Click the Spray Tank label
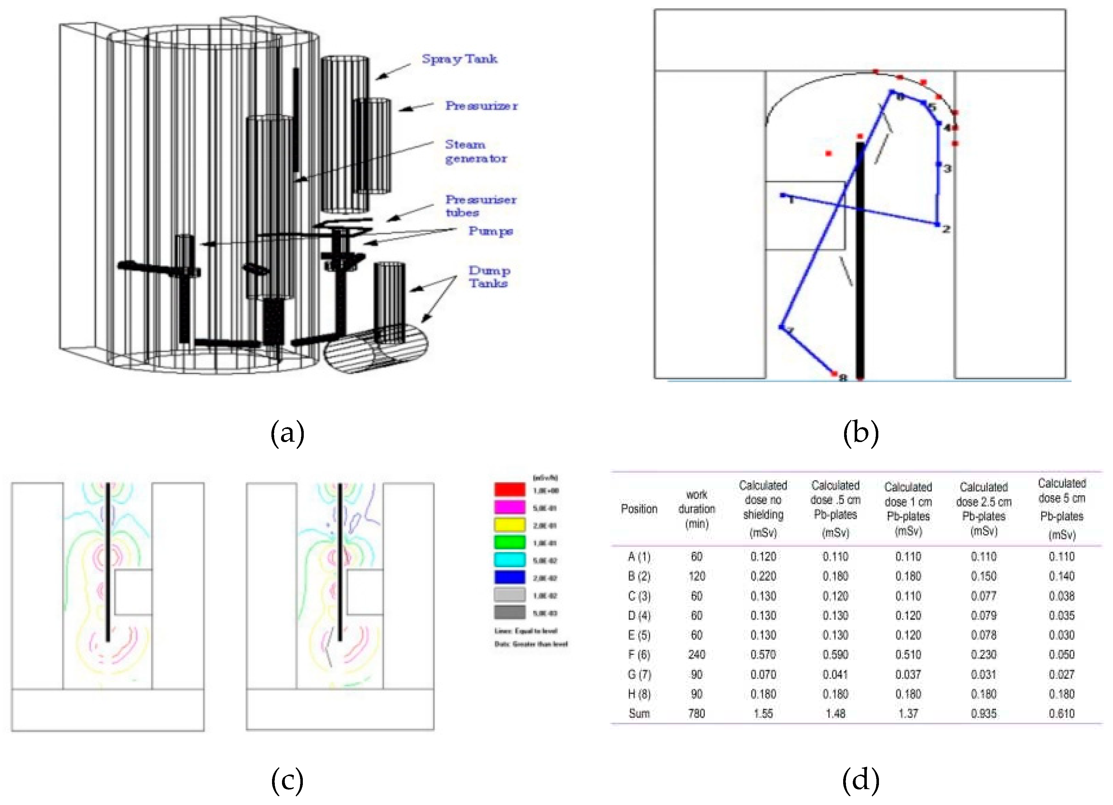click(x=459, y=59)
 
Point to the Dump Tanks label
click(x=489, y=277)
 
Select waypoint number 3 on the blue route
click(x=938, y=164)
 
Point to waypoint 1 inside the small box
click(x=783, y=195)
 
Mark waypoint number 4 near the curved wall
click(x=939, y=124)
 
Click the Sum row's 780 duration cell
click(x=696, y=713)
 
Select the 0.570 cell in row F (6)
click(x=763, y=654)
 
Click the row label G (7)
click(x=639, y=674)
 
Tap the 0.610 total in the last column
click(x=1061, y=713)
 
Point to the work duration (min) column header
click(x=696, y=509)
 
